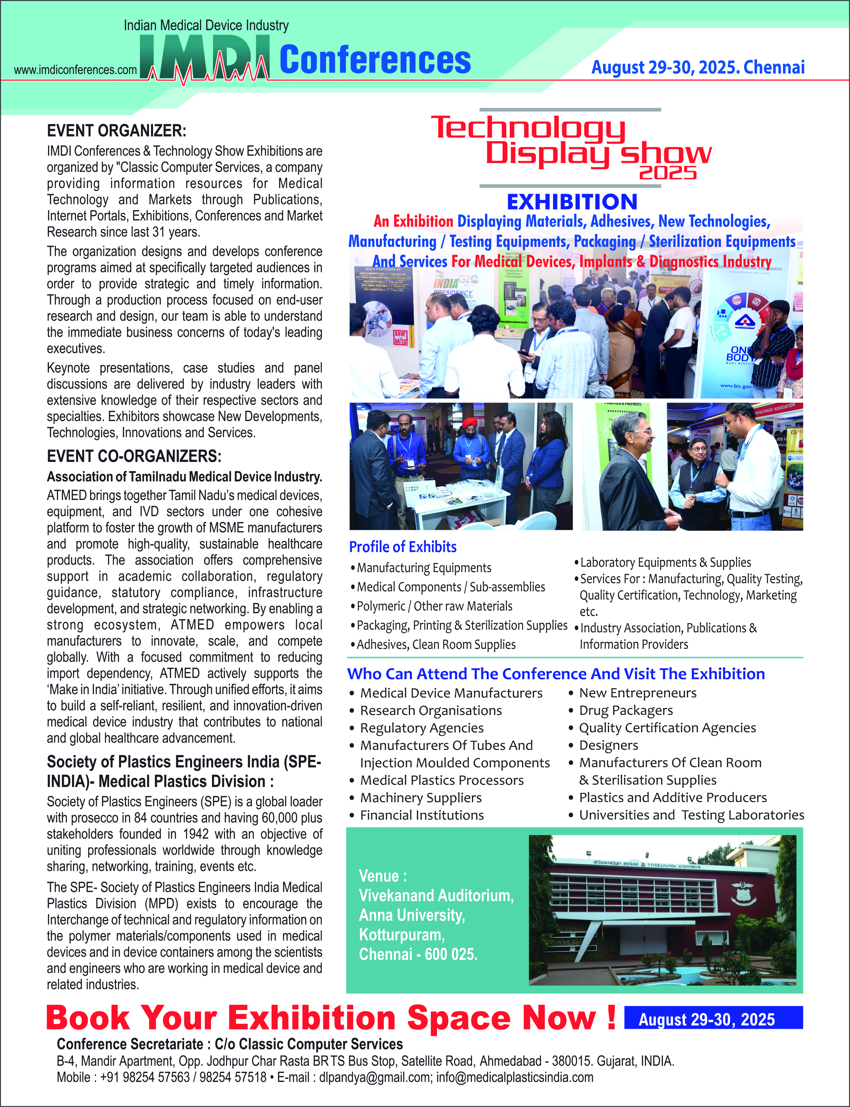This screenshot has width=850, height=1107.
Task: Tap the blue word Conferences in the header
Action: click(375, 60)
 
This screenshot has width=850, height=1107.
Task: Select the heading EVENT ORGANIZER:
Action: click(116, 130)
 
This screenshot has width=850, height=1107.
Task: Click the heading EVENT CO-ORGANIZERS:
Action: click(134, 456)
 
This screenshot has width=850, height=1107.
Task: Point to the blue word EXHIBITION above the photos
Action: click(572, 202)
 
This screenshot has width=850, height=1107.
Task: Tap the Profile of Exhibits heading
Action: click(403, 547)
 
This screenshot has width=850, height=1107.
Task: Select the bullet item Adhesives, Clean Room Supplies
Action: click(436, 645)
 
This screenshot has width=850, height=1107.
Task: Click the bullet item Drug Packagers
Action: click(626, 711)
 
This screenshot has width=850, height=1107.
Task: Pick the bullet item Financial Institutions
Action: click(422, 815)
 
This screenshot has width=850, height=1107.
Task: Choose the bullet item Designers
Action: click(609, 746)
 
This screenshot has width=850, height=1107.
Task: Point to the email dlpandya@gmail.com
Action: click(375, 1077)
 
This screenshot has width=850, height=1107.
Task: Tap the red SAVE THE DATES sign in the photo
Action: click(401, 337)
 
